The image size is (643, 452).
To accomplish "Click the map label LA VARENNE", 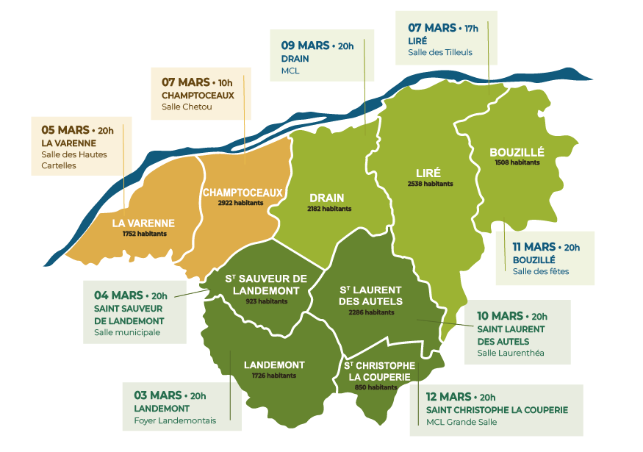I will pos(143,223).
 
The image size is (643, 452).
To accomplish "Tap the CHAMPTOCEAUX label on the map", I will pos(243,193).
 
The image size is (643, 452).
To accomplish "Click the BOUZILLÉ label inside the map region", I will pos(517,153).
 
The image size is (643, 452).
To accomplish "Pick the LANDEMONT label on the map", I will pos(273,365).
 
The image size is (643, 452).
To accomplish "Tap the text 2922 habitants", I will pos(240,203).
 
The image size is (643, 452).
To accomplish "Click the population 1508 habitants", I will pos(517,162).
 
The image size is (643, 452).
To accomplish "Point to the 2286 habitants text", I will pos(371,312).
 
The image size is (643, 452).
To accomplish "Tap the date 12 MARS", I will pos(449,397).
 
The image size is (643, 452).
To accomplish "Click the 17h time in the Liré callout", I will pos(471,29).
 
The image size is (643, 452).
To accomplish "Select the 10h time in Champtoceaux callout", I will pos(226,82).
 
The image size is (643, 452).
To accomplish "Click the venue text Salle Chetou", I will pos(187,107).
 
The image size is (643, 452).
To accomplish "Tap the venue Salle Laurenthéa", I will pos(511,353).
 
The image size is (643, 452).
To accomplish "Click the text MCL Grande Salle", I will pos(461,422).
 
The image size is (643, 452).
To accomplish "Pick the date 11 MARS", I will pos(534,247).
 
